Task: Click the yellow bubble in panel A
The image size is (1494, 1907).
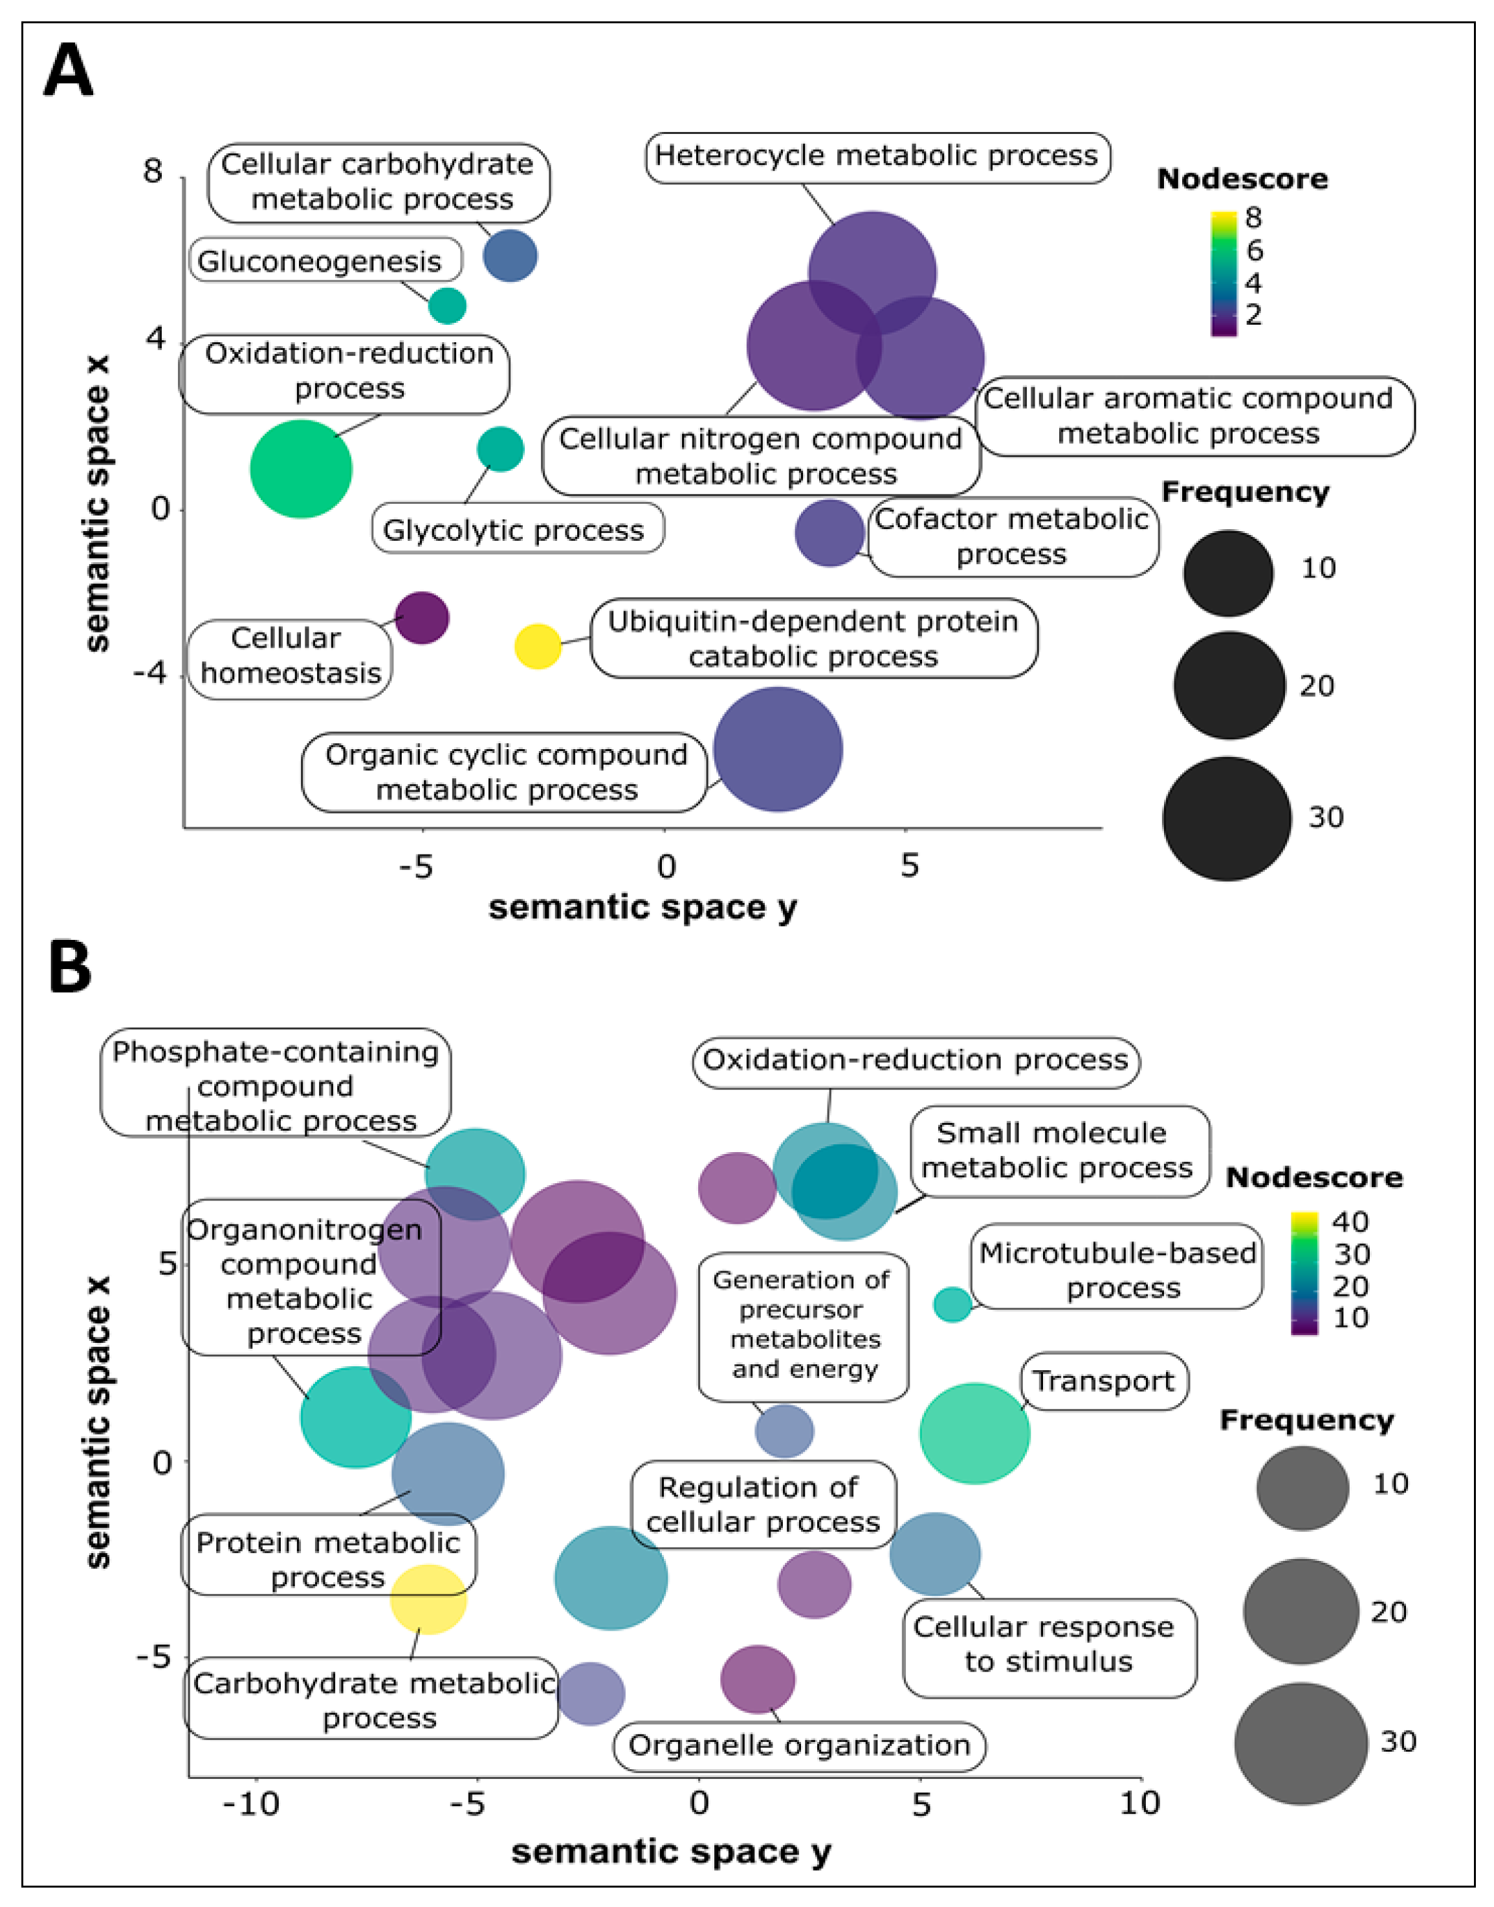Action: point(537,646)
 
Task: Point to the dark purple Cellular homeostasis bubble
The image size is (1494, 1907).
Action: point(422,617)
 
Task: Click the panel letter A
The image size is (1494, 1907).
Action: point(68,72)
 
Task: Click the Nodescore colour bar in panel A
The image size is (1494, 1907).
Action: point(1223,273)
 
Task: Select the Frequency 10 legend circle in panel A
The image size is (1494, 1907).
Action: point(1227,572)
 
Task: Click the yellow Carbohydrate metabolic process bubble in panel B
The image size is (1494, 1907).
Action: point(428,1598)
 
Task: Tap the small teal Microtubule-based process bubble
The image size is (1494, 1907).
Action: point(952,1305)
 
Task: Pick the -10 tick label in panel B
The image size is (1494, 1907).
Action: point(250,1803)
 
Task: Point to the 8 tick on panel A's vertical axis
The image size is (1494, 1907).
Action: point(154,171)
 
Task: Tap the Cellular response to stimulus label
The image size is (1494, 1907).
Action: point(1048,1644)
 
